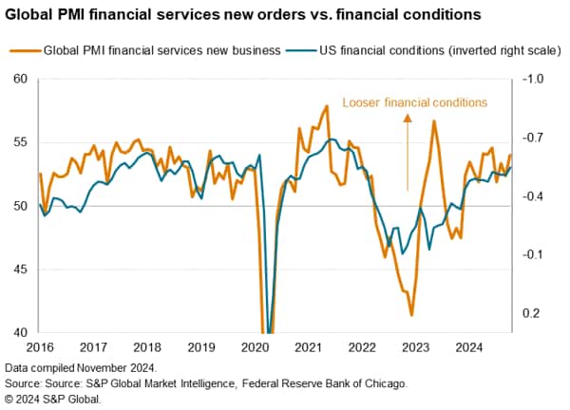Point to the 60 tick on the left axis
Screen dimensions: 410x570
click(20, 79)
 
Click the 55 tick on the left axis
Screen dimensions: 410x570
click(20, 142)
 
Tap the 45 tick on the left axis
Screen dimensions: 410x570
click(20, 270)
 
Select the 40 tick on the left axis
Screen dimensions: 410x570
click(20, 333)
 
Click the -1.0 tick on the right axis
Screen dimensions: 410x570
click(535, 79)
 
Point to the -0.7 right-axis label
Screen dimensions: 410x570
click(535, 138)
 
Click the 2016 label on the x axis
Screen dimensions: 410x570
click(39, 347)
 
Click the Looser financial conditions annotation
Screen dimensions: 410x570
click(414, 102)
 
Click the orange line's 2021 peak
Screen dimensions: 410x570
click(327, 106)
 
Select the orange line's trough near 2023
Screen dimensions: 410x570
click(411, 315)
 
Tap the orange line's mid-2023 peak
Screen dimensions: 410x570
click(434, 121)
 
